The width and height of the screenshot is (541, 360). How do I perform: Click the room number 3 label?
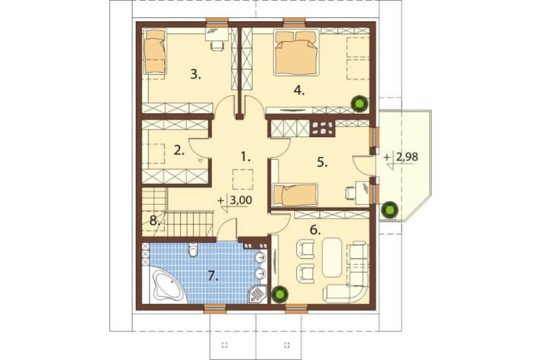(x=196, y=74)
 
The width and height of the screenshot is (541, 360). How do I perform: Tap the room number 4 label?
(x=299, y=91)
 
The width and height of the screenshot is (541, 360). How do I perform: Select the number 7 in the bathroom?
(x=213, y=275)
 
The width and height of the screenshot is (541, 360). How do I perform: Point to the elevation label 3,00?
(x=240, y=201)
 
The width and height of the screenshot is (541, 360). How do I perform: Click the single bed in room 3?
(x=155, y=51)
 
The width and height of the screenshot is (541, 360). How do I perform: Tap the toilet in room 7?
(x=193, y=249)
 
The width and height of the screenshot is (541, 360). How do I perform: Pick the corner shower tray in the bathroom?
(x=258, y=294)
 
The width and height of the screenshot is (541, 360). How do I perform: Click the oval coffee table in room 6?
(x=332, y=257)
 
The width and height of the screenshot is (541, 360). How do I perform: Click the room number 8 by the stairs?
(x=155, y=220)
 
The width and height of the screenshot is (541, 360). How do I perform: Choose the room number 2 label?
(x=179, y=151)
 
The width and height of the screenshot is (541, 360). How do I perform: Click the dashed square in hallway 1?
(x=243, y=179)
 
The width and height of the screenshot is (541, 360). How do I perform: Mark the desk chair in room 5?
(x=350, y=193)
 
